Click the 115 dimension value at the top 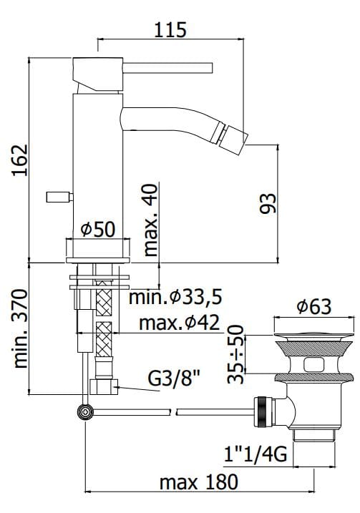click(170, 30)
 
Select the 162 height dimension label click(20, 160)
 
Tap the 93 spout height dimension click(268, 203)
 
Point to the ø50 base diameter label click(98, 229)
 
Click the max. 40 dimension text click(150, 220)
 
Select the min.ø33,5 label click(176, 297)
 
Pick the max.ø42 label click(179, 323)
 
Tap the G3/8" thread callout click(174, 378)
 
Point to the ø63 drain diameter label click(314, 306)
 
